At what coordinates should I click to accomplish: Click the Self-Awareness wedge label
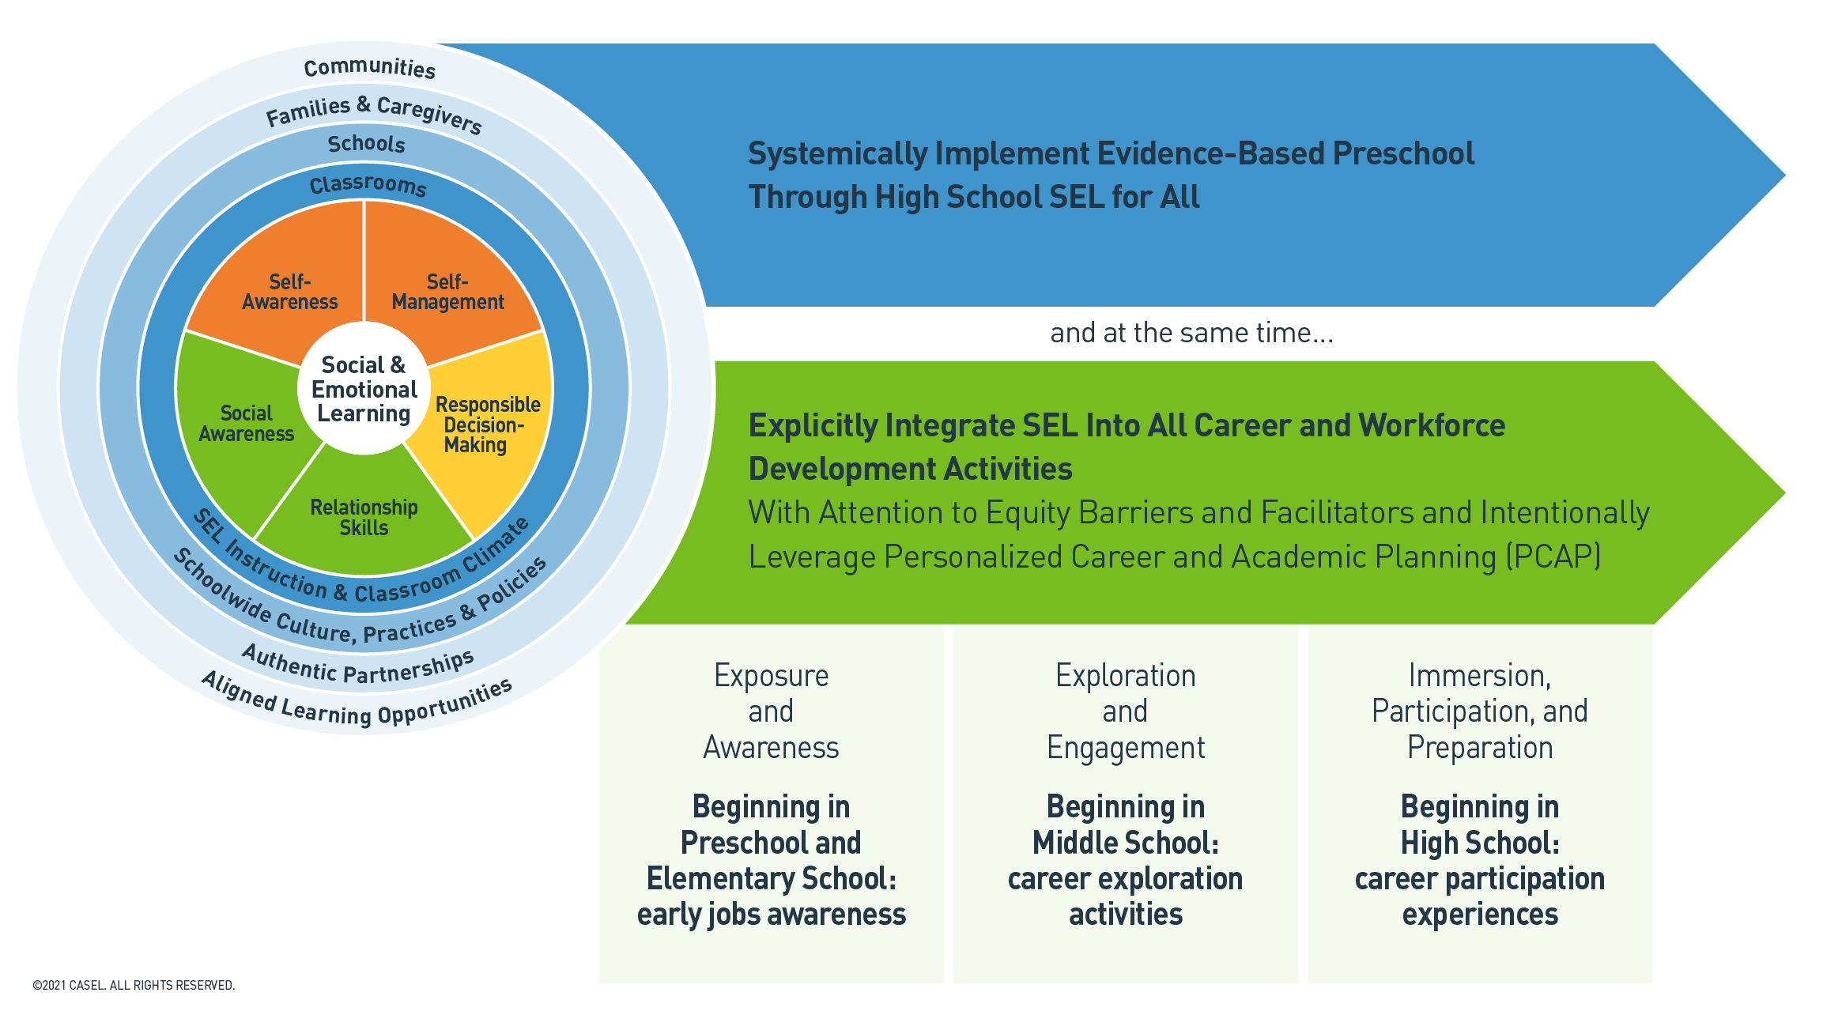[290, 292]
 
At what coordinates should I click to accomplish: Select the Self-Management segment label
[447, 292]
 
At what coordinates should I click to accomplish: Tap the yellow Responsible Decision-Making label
[486, 425]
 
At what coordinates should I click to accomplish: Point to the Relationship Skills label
[364, 518]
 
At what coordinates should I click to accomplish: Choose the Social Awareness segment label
[246, 424]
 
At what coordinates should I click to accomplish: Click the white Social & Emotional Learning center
[364, 390]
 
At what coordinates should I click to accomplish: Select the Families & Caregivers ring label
[373, 113]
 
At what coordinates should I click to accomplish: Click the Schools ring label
[366, 144]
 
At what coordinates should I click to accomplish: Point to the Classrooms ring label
[368, 185]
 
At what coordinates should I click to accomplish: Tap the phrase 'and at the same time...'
[1191, 333]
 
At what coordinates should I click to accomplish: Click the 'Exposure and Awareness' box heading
[771, 711]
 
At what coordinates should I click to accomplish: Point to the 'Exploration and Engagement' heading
[1125, 711]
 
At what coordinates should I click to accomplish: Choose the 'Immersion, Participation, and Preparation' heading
[1479, 711]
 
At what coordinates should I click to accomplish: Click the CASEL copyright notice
[134, 985]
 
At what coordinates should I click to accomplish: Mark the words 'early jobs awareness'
[771, 915]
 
